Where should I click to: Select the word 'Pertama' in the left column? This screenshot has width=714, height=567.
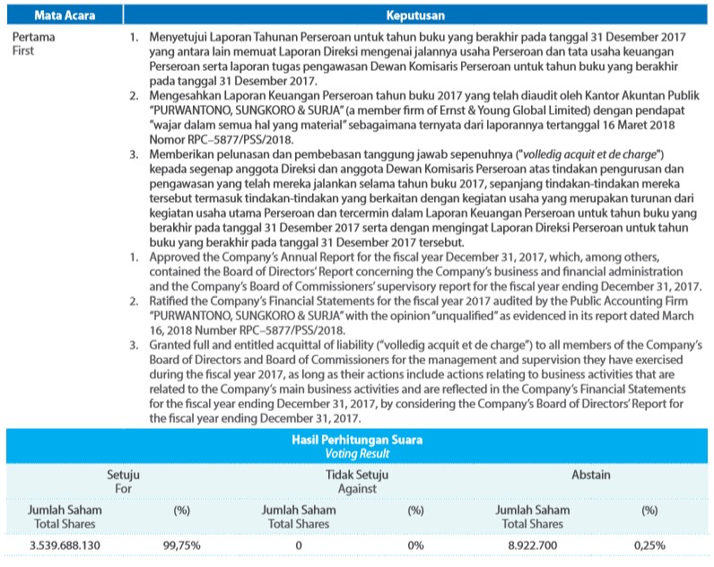point(36,39)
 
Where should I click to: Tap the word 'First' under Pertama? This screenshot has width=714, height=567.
point(28,52)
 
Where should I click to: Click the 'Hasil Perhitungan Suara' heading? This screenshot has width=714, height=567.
point(357,441)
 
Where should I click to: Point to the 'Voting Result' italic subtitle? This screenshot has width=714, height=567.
point(357,454)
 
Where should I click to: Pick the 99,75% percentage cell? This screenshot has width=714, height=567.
point(181,545)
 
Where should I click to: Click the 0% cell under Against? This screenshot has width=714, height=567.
point(415,545)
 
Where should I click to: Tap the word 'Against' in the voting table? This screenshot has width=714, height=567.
point(357,489)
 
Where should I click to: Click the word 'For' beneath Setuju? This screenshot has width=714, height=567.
point(123,489)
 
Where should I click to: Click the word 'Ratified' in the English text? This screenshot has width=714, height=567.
point(170,301)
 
